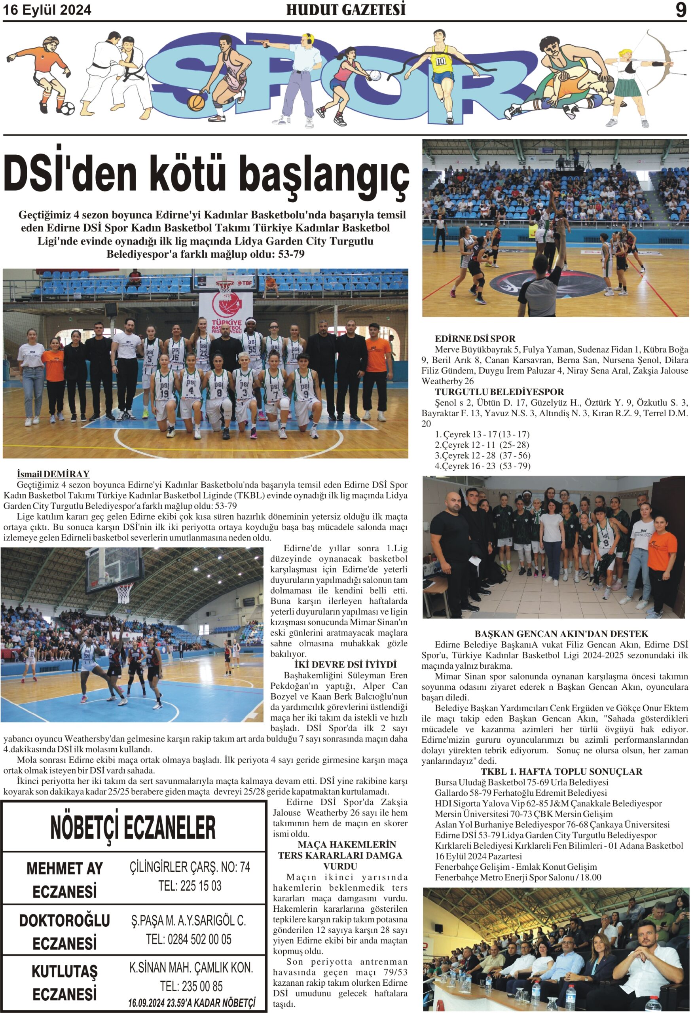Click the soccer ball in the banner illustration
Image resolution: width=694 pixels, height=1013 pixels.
coord(67,108)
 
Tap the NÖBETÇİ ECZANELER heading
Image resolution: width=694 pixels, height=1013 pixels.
coord(133,828)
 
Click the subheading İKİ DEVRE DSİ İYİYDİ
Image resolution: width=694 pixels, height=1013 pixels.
coord(346,665)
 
